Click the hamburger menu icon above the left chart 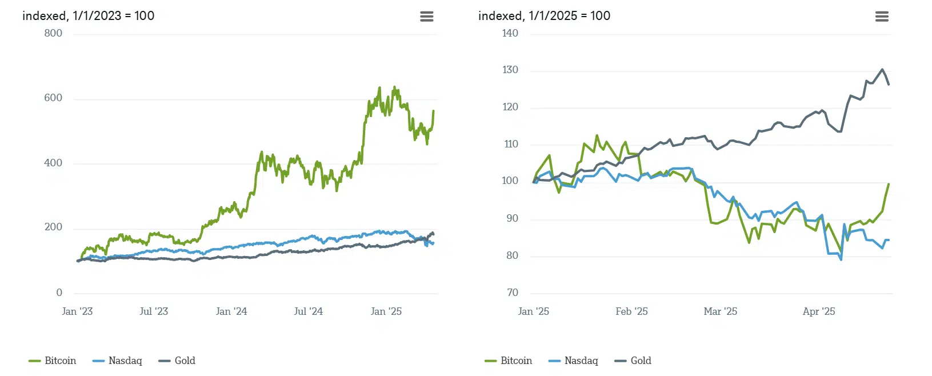(x=427, y=17)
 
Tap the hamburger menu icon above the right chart (x=882, y=17)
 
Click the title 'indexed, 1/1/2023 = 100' (x=88, y=16)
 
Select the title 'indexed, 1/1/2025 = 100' (x=544, y=16)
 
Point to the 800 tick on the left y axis (x=53, y=33)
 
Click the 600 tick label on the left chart (x=53, y=98)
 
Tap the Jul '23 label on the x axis (x=154, y=311)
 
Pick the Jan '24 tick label (x=231, y=311)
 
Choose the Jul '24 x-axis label (x=309, y=311)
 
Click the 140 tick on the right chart (x=510, y=33)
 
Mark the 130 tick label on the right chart (x=510, y=70)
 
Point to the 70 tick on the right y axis (x=513, y=293)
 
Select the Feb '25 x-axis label (x=631, y=311)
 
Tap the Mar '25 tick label (x=721, y=311)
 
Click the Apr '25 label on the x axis (x=819, y=311)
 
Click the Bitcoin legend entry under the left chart (x=53, y=361)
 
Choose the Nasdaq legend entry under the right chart (x=573, y=361)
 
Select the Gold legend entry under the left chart (x=177, y=361)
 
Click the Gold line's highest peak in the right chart (x=882, y=70)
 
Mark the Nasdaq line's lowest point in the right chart (x=841, y=259)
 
